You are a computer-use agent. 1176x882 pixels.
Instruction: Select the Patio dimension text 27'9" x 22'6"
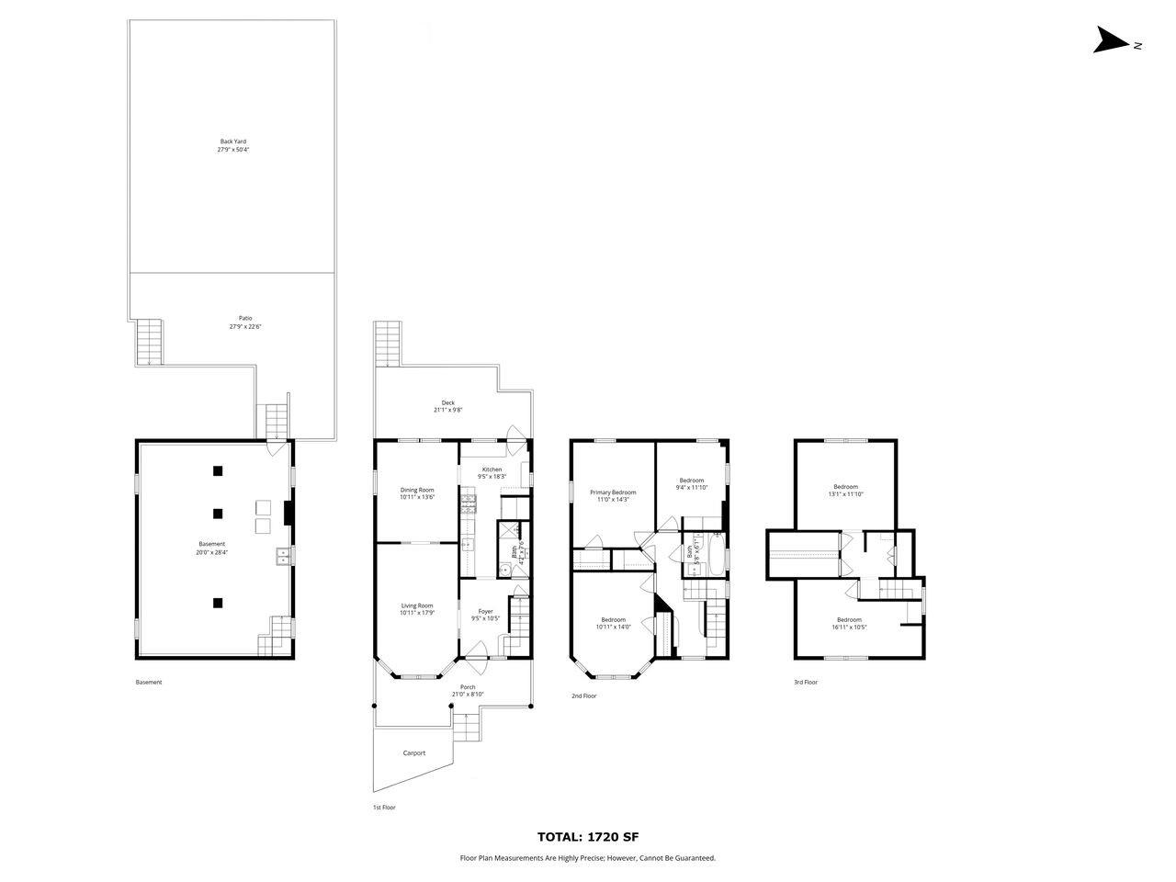click(240, 327)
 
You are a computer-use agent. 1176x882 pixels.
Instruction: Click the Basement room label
click(211, 545)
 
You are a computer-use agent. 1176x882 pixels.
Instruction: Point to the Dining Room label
click(416, 490)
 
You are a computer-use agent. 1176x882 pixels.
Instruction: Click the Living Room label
click(416, 605)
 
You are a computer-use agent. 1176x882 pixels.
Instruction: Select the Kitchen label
click(492, 469)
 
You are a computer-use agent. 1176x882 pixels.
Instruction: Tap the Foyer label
click(485, 611)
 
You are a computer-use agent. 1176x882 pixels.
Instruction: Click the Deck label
click(448, 402)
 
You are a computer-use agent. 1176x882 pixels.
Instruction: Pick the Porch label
click(468, 687)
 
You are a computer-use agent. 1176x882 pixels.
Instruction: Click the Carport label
click(414, 753)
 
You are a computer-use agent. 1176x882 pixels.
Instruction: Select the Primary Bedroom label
click(613, 492)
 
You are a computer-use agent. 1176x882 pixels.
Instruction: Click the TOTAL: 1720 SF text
click(587, 837)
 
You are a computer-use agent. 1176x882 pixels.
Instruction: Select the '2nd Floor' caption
click(583, 696)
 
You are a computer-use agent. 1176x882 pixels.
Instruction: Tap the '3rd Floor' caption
click(806, 683)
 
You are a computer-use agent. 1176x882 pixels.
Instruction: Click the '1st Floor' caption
click(383, 808)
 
